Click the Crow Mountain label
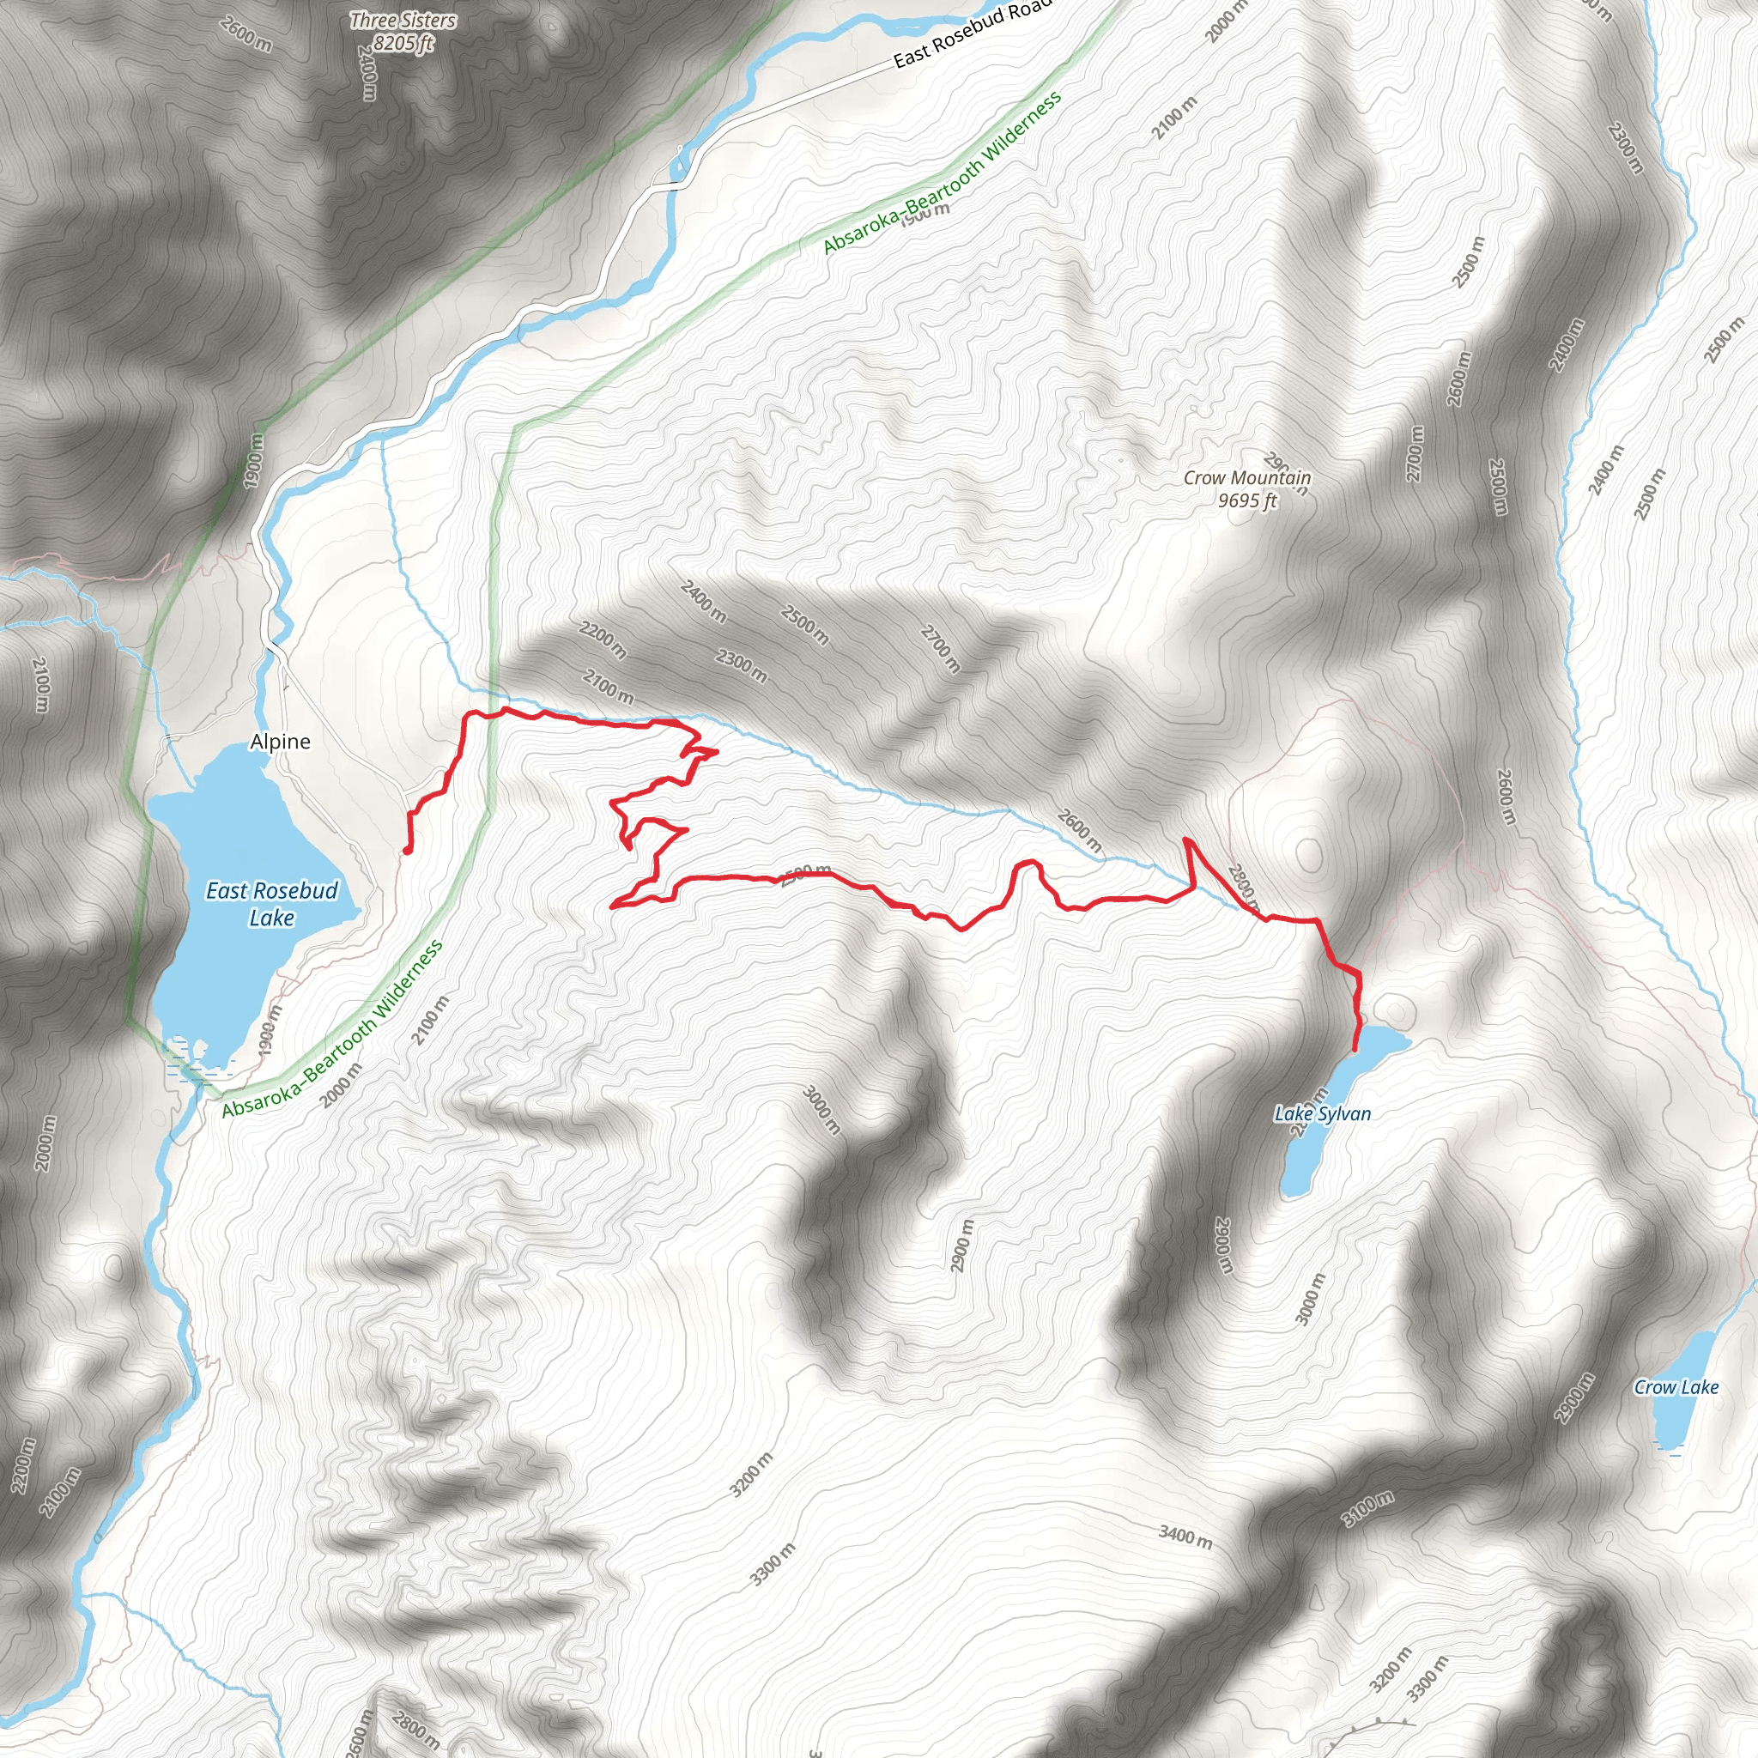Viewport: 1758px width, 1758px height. [1246, 478]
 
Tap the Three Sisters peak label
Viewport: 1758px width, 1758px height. [403, 20]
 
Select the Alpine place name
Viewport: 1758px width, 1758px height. [280, 742]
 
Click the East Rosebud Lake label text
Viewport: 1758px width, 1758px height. [271, 904]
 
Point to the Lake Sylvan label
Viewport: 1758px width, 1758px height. [1322, 1113]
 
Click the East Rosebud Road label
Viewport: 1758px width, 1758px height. [972, 34]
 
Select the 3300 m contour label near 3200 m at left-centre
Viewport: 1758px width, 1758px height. [773, 1564]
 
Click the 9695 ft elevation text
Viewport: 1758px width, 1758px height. [1247, 501]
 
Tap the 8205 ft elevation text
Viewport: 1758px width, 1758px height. [403, 43]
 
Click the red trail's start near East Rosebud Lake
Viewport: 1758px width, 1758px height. [406, 852]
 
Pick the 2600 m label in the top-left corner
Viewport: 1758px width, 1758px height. [246, 33]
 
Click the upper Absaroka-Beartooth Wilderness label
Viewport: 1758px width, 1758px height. [943, 173]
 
